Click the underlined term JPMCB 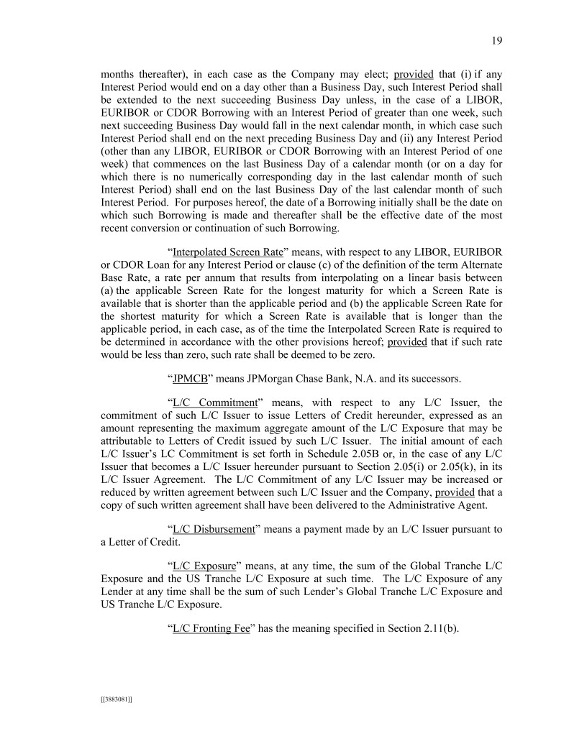(x=188, y=378)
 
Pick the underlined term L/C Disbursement (x=215, y=529)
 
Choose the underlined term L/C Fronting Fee (x=211, y=628)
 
